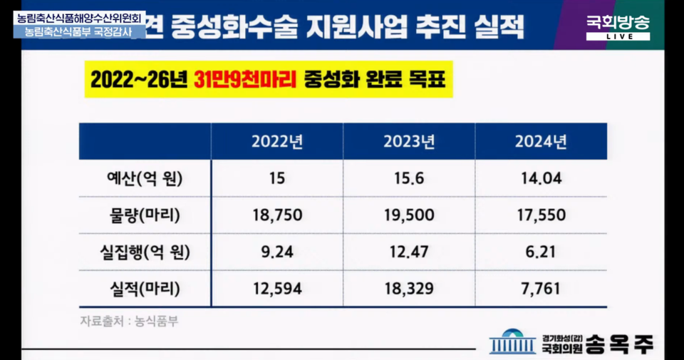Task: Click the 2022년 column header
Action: (x=277, y=141)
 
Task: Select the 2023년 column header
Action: (x=409, y=141)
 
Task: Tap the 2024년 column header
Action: (x=541, y=141)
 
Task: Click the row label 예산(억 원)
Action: (x=140, y=178)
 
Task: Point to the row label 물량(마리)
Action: (x=140, y=215)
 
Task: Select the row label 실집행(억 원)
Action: (x=140, y=252)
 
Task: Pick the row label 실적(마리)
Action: (x=140, y=289)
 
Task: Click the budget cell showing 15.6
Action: (x=409, y=178)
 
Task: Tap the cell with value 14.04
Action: (x=541, y=178)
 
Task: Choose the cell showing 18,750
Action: (x=277, y=215)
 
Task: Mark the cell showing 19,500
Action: (x=409, y=215)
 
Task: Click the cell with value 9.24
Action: (x=277, y=252)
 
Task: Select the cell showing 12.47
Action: (x=409, y=252)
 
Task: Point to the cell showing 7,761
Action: (x=541, y=289)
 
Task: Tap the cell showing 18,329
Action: (x=409, y=289)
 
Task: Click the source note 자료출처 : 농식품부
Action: (x=129, y=321)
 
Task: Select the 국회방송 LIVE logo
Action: (x=618, y=27)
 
